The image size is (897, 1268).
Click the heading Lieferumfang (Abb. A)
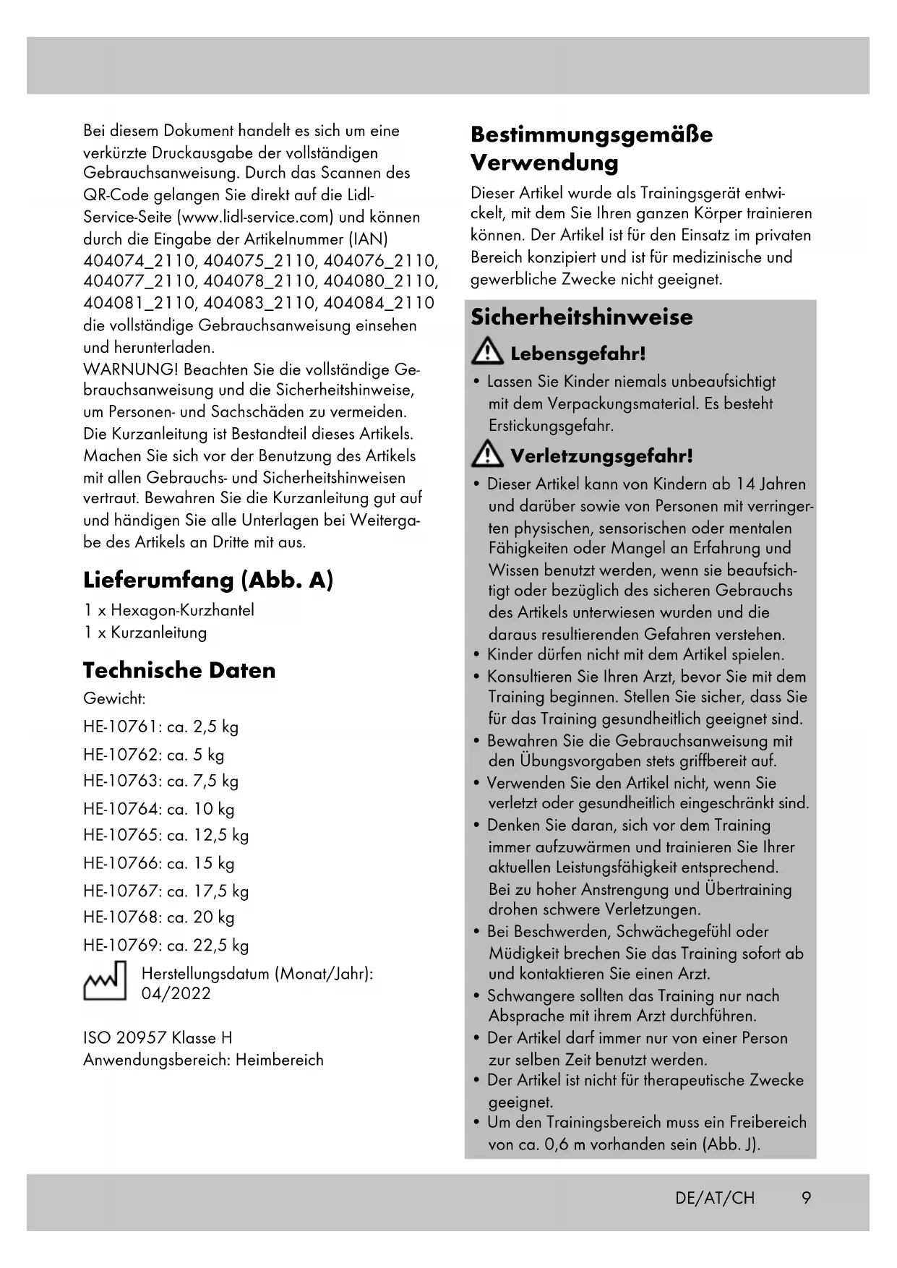pos(208,580)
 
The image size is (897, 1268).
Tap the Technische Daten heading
pos(179,670)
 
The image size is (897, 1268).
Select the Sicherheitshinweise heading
pos(581,317)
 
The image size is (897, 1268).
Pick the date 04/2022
pos(176,993)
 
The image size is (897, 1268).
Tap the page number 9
pos(806,1198)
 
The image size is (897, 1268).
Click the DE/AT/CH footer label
pos(715,1198)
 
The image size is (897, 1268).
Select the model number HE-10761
pos(119,727)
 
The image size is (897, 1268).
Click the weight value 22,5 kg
pos(221,946)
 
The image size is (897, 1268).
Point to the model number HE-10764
pos(119,809)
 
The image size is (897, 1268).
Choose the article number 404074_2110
pos(140,260)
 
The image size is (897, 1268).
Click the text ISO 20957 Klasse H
pos(158,1038)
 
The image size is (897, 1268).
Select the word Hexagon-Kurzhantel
pos(182,610)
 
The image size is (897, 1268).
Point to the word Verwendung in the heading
pos(544,163)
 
